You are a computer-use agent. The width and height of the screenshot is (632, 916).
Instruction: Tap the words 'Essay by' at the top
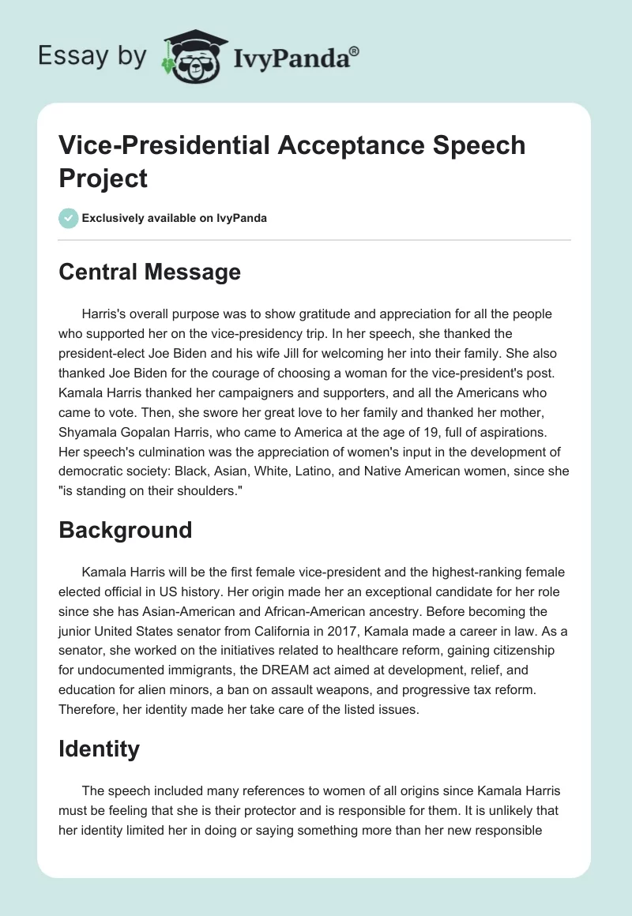[92, 56]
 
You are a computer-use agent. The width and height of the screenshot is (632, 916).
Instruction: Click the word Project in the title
[103, 178]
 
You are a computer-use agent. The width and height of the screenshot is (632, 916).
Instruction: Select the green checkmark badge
[69, 218]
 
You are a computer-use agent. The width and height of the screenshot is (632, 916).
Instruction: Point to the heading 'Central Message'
[149, 272]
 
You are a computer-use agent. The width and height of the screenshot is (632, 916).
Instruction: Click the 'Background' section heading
[125, 529]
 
